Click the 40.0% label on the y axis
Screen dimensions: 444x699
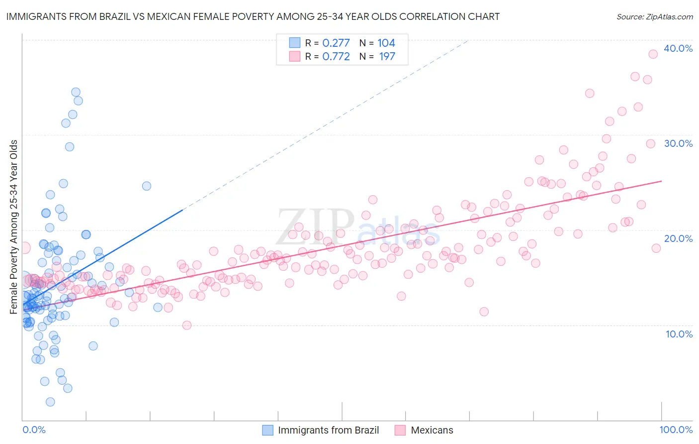click(678, 48)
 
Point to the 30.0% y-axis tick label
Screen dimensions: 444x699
click(678, 143)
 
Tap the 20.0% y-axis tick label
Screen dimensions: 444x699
click(678, 238)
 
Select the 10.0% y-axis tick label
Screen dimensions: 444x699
click(679, 333)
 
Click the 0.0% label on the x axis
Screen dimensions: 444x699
click(34, 430)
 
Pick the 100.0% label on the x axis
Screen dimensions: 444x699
click(676, 430)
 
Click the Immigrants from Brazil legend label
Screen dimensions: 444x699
click(328, 430)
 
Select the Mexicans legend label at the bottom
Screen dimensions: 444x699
click(432, 430)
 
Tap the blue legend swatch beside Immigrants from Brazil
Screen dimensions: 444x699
click(267, 430)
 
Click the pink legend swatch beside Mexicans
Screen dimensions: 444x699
click(400, 430)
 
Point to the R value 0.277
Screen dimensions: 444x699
click(336, 43)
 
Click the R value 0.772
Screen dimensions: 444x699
click(336, 56)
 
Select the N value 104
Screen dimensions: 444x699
click(386, 43)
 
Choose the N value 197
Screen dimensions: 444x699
click(387, 56)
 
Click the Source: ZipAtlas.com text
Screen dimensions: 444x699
click(654, 16)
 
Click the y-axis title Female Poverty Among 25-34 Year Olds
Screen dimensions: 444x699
click(14, 227)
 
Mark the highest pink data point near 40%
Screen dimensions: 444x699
click(653, 54)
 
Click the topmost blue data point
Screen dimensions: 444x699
click(76, 92)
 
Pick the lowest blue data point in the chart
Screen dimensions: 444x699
click(50, 402)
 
